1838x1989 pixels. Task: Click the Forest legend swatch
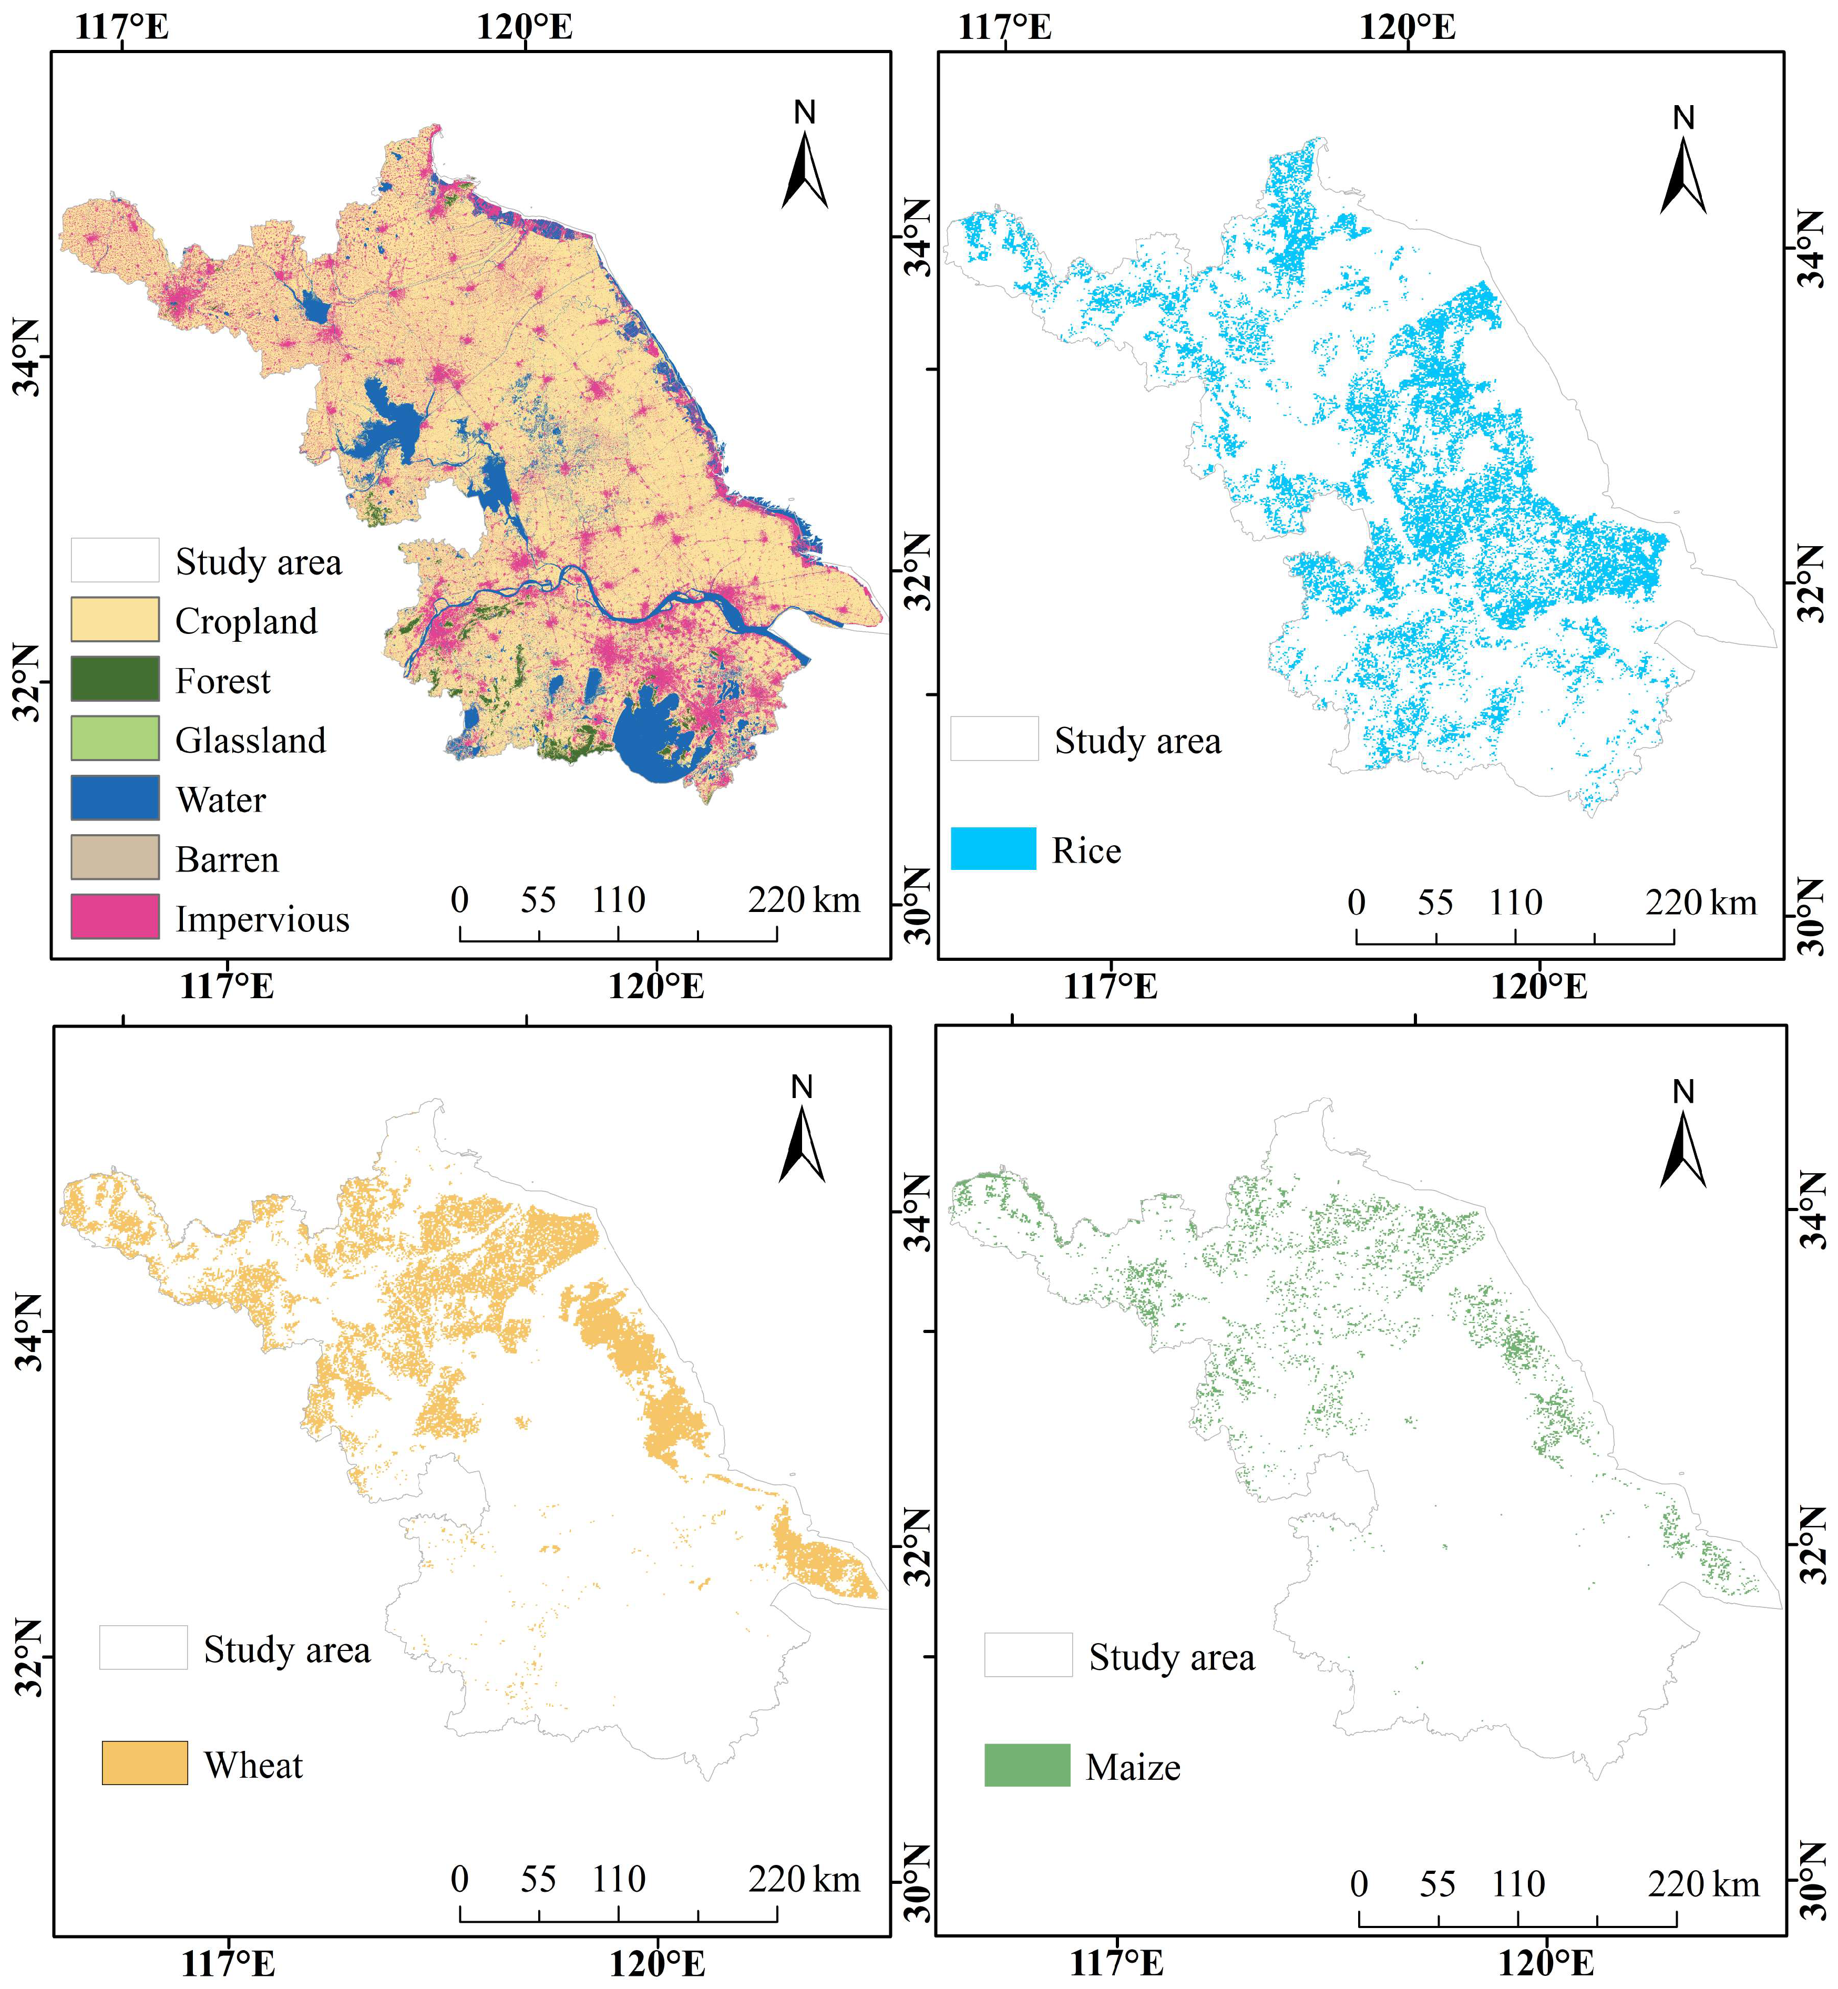[115, 678]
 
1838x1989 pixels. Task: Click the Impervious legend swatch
[115, 916]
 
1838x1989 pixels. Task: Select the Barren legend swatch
[115, 856]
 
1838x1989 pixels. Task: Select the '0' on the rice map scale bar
[1357, 902]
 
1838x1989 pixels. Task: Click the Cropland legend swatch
[115, 619]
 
